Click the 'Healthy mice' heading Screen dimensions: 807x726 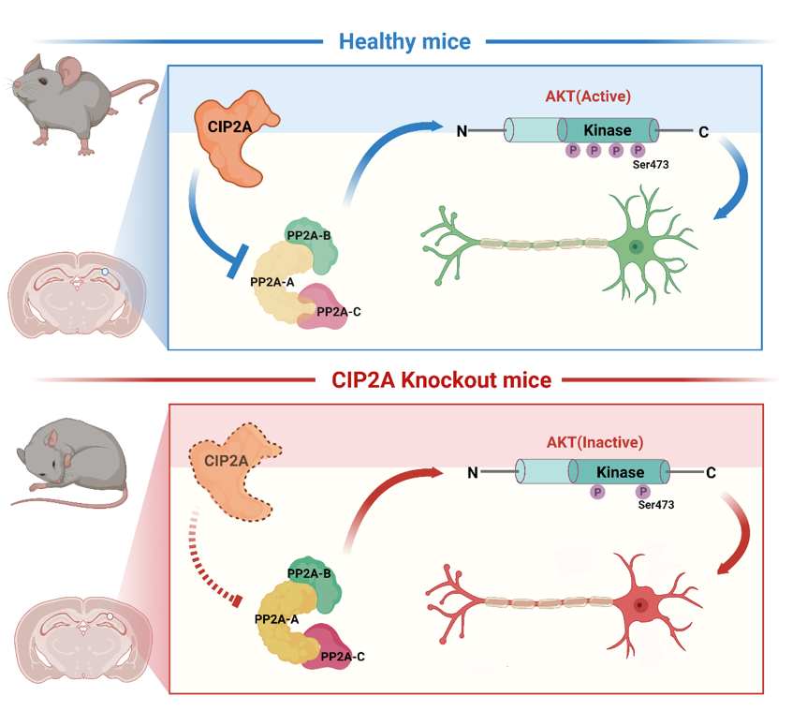(404, 42)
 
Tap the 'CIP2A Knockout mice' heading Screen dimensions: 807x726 (442, 380)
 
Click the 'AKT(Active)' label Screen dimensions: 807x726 (588, 96)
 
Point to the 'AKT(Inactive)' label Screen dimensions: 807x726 (594, 442)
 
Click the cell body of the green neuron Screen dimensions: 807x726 (636, 246)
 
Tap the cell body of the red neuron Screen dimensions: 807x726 (639, 604)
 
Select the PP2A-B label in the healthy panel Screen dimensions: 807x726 (309, 236)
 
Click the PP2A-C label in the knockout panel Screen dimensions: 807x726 (343, 657)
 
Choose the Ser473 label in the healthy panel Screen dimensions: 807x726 (651, 165)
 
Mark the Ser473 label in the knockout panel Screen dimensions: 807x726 (656, 505)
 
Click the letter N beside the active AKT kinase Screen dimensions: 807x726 (462, 132)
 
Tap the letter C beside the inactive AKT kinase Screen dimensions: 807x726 (711, 473)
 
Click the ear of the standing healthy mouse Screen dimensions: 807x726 (69, 71)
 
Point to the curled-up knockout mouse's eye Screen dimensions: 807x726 (55, 463)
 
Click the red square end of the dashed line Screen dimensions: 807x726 (237, 600)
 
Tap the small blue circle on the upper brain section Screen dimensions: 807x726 (105, 272)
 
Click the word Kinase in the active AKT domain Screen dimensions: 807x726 (608, 130)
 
